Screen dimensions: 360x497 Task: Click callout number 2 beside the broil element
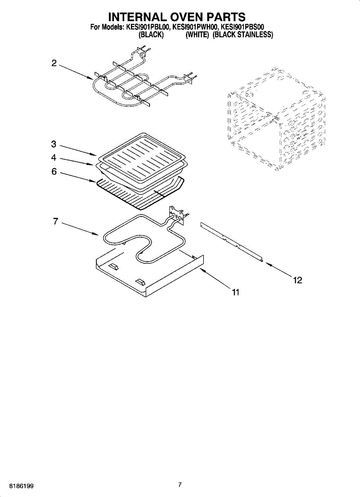pos(54,63)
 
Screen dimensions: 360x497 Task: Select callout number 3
pos(54,144)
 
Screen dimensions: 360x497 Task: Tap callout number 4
pos(54,158)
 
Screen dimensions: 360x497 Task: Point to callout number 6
pos(54,171)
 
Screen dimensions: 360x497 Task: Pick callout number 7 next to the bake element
pos(56,221)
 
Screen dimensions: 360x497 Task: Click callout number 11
pos(235,292)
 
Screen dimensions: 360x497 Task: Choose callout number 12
pos(297,280)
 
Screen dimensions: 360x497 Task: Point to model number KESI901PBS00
pos(241,27)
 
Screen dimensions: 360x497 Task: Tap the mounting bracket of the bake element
pos(176,215)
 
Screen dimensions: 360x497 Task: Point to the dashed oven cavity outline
pos(276,118)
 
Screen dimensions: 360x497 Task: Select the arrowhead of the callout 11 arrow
pos(201,269)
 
